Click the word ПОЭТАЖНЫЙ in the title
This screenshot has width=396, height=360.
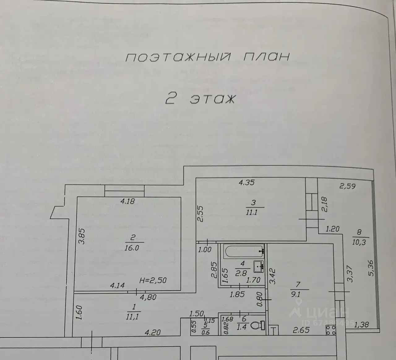click(178, 57)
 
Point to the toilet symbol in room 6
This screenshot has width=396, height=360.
click(258, 325)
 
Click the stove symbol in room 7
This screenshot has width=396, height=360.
click(330, 330)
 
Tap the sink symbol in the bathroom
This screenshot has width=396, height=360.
click(258, 266)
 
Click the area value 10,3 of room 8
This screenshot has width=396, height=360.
click(359, 242)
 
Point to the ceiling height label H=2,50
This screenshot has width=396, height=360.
click(153, 280)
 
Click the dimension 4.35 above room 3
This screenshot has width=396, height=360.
click(247, 182)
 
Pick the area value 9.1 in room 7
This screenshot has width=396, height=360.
click(296, 294)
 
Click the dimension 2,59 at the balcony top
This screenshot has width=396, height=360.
click(347, 186)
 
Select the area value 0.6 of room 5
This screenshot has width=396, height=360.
click(205, 333)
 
